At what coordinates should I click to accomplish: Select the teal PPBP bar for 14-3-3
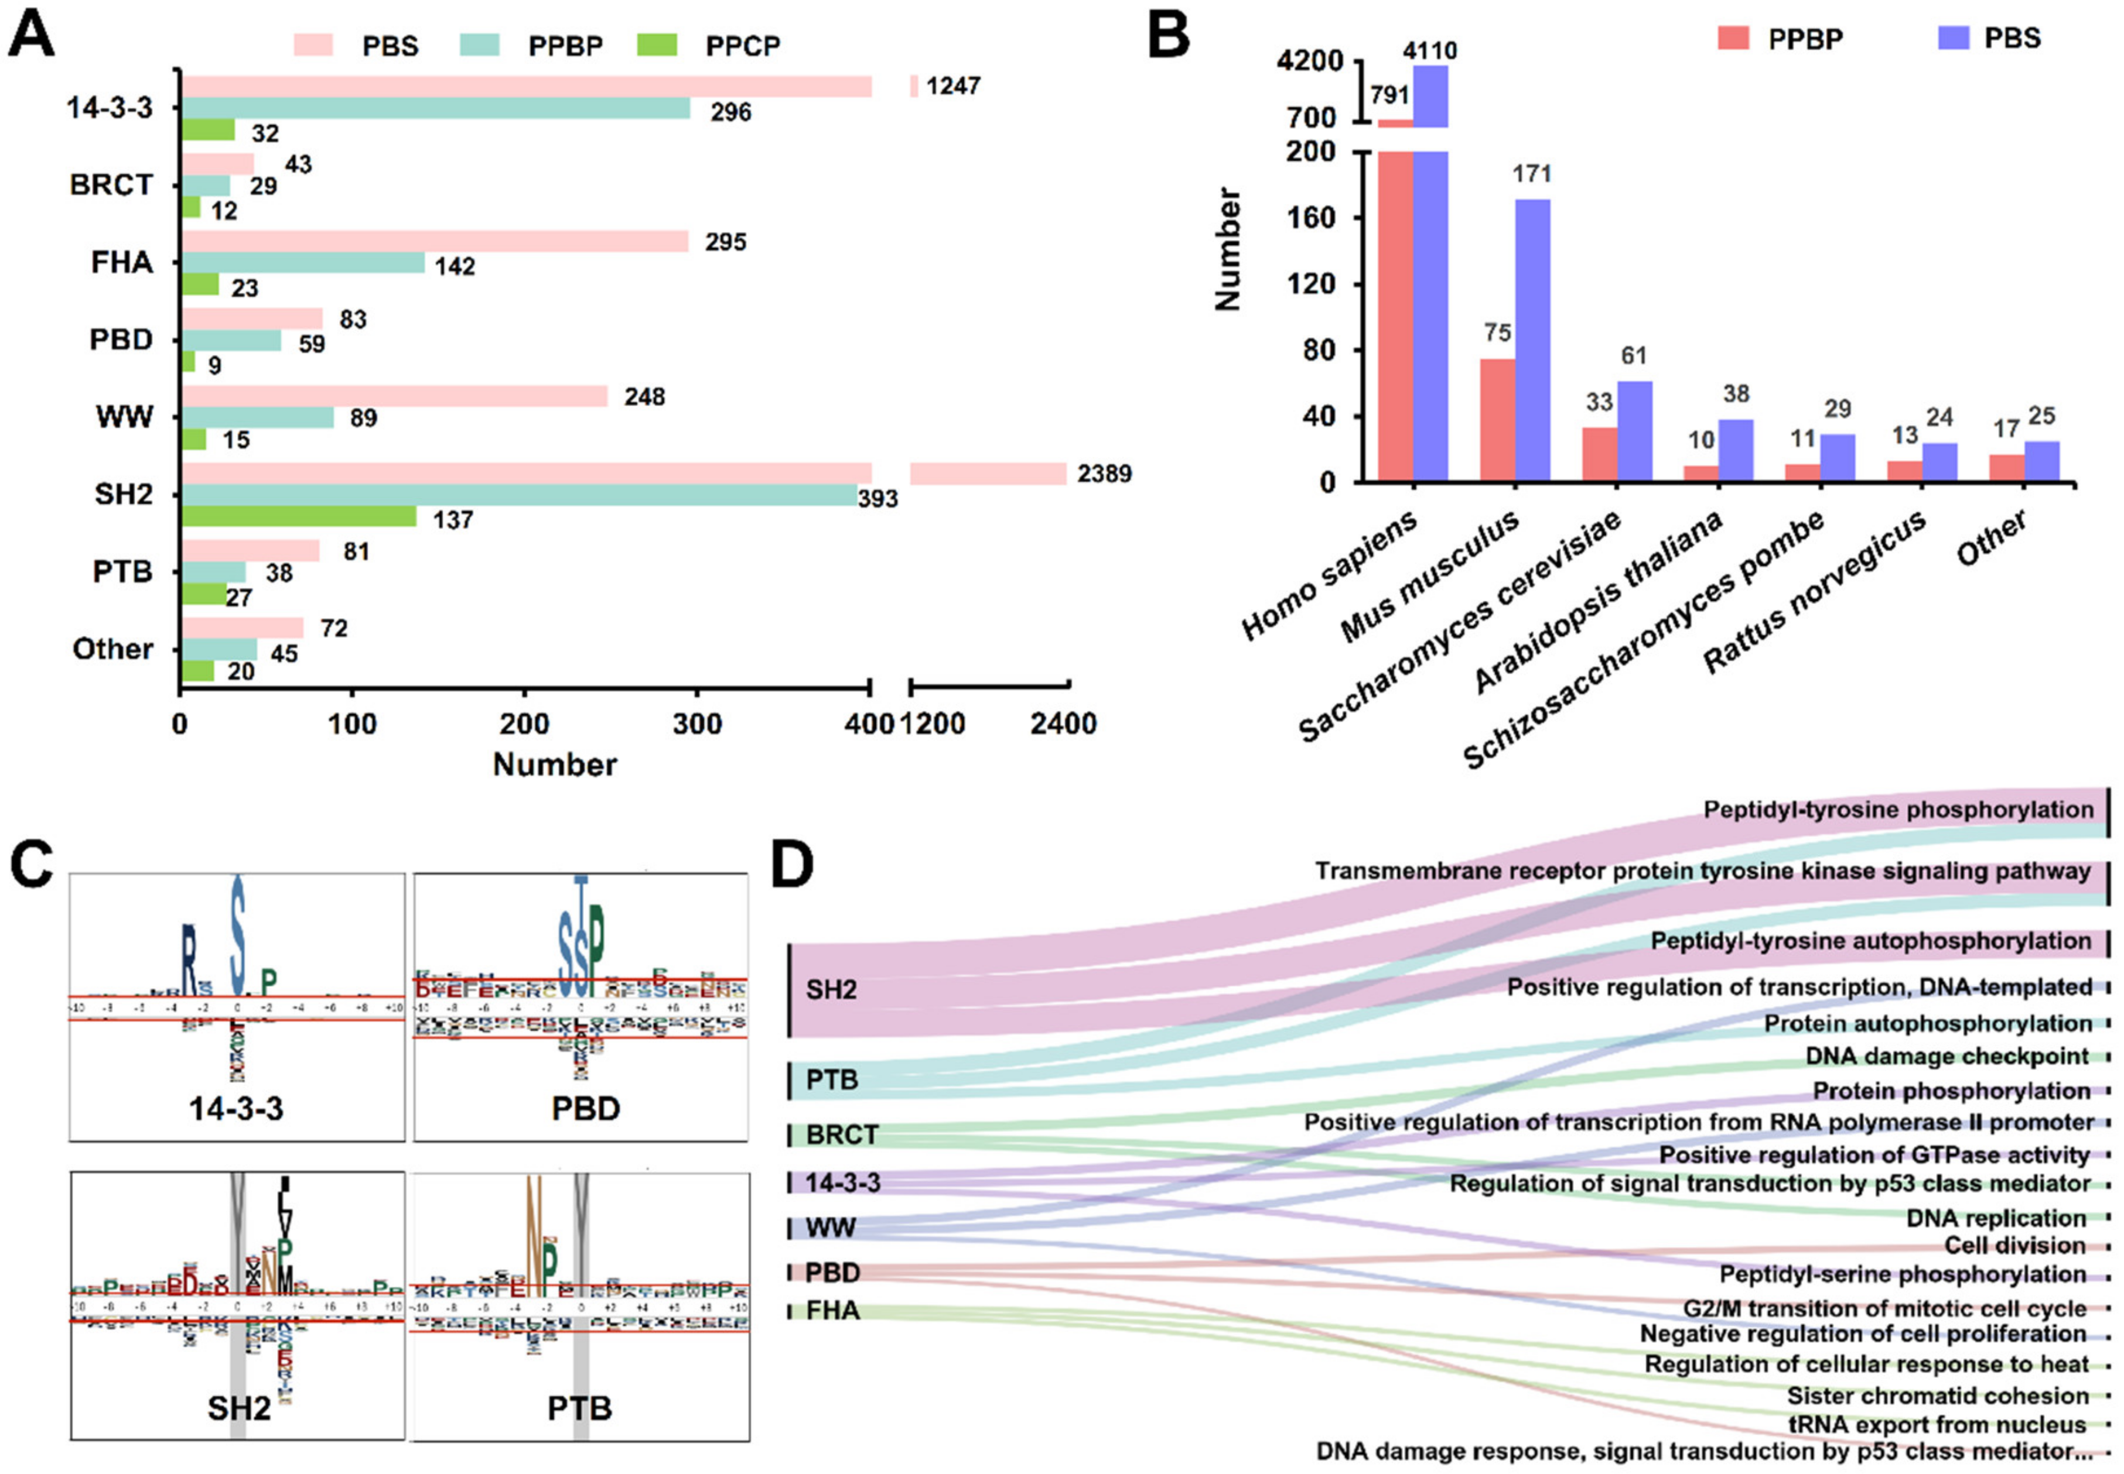coord(434,109)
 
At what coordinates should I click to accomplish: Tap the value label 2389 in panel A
coord(1104,474)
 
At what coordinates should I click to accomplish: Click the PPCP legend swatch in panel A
coord(656,45)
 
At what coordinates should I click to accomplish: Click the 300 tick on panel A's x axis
coord(696,723)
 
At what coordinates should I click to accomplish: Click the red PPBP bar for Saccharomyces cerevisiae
coord(1599,454)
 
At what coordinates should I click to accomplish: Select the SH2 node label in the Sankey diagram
coord(831,990)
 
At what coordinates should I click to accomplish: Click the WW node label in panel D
coord(831,1228)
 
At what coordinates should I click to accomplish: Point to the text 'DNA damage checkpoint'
coord(1947,1055)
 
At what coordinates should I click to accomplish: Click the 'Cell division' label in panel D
coord(2014,1245)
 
